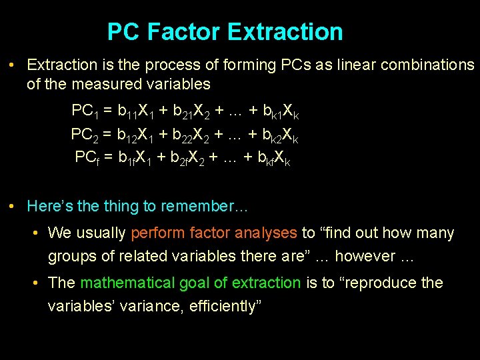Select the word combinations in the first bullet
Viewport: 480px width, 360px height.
pos(422,65)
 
